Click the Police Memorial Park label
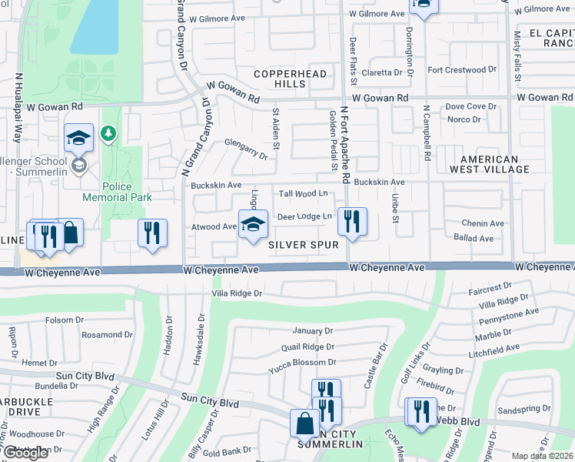pos(117,192)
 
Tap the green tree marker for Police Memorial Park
pos(109,135)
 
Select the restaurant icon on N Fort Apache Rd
pos(352,222)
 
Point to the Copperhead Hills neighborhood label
pos(291,79)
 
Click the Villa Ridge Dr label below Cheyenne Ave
pos(237,293)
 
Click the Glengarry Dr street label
pos(246,149)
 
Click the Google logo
pos(26,453)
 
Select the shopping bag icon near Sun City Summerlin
pos(304,423)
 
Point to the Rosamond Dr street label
pos(102,335)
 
